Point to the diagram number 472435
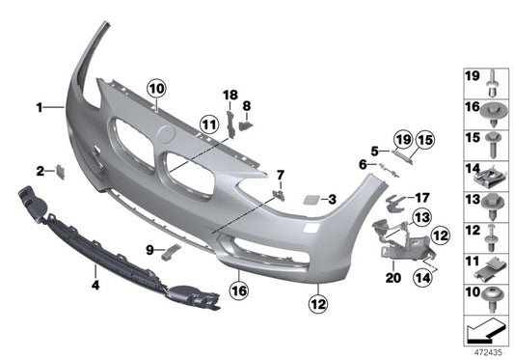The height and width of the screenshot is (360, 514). point(485,353)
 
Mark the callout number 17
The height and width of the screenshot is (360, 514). point(421,198)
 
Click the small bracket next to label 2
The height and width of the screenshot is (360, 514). point(59,172)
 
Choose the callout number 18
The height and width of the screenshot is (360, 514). point(230,95)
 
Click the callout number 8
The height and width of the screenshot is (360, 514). point(247,104)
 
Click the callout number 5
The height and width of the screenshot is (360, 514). point(372,151)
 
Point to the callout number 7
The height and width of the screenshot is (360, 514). point(281,175)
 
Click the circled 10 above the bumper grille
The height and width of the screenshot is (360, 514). point(156,88)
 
